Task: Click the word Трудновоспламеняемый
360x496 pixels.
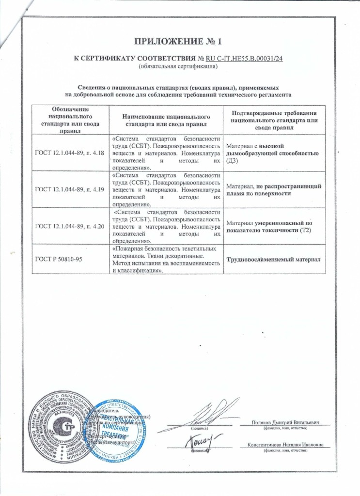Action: [x=261, y=259]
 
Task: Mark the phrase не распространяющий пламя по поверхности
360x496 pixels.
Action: [x=274, y=190]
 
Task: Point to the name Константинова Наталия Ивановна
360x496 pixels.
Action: [x=285, y=445]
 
